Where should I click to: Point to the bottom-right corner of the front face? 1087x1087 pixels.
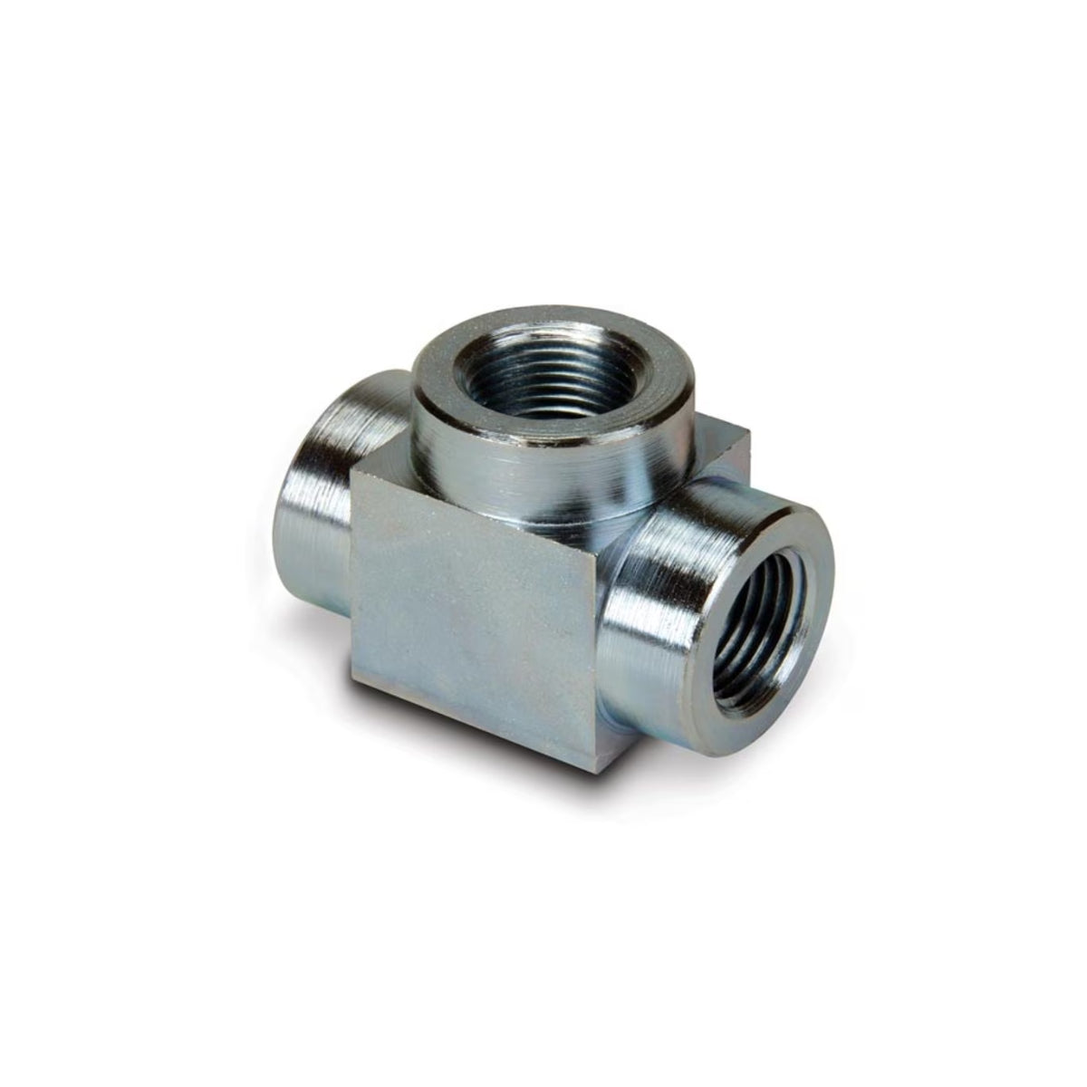[594, 771]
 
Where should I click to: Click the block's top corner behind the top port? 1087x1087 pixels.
[748, 435]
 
